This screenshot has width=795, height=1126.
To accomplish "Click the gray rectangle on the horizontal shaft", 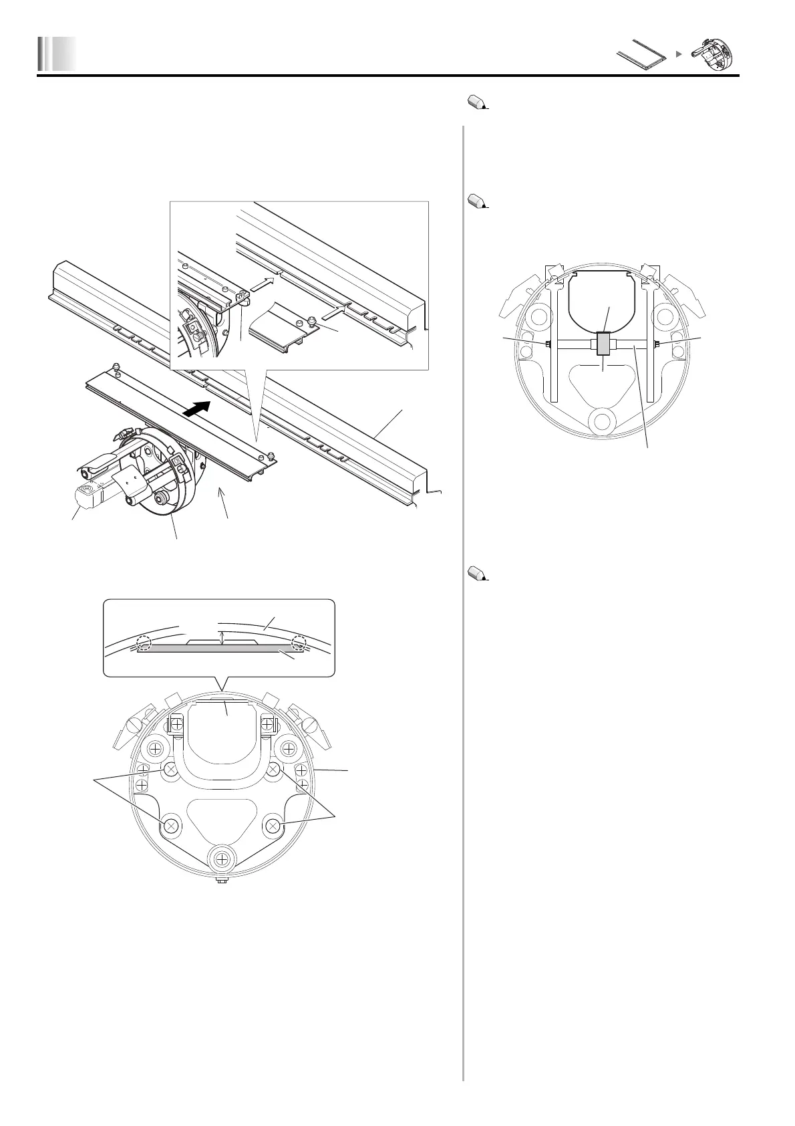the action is [603, 344].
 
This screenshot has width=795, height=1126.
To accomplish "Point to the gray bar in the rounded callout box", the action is [220, 649].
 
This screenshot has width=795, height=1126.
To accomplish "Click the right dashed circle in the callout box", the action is [298, 643].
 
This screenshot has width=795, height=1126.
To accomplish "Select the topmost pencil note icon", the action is [476, 102].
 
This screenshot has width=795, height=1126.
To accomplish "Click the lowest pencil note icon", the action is [476, 573].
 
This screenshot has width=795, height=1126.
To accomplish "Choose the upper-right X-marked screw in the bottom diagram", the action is [272, 770].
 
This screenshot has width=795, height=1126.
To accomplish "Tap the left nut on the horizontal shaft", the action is [547, 344].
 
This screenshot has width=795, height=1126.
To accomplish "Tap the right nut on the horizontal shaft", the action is [657, 344].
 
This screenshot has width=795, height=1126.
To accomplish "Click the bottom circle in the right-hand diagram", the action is [603, 421].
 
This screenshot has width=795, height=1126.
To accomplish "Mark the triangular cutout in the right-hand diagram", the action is [603, 384].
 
